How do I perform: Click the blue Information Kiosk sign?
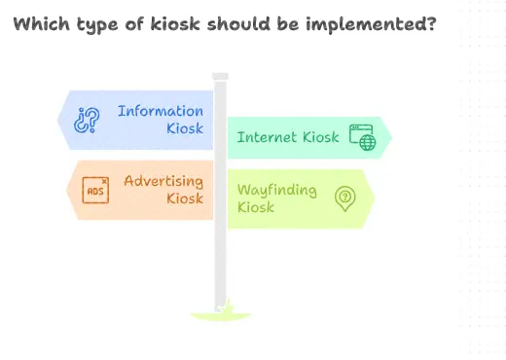(x=136, y=119)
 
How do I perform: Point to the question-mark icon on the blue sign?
(x=88, y=120)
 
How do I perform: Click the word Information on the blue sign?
(x=161, y=111)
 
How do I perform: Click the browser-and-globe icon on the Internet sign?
(x=362, y=137)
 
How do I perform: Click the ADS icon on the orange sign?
(x=95, y=190)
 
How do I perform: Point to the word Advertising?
(x=163, y=181)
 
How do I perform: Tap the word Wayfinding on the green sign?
(x=277, y=190)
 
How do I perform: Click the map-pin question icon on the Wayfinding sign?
(x=344, y=198)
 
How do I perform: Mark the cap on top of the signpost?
(x=221, y=76)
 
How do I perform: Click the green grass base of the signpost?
(x=221, y=313)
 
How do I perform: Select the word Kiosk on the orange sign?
(x=184, y=198)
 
